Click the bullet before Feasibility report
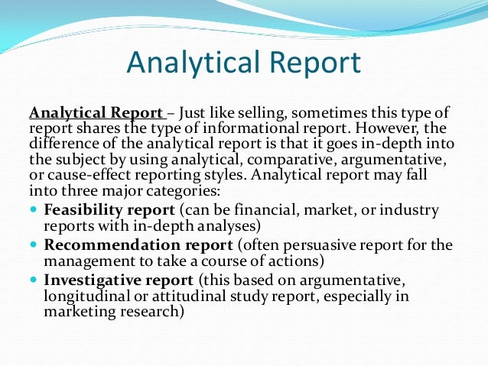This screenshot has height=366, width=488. click(35, 209)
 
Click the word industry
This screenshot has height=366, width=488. click(410, 209)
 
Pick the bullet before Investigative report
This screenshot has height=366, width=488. click(35, 280)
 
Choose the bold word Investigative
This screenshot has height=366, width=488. click(91, 280)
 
